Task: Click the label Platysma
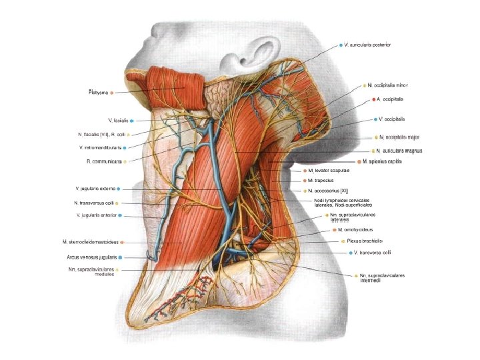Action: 98,92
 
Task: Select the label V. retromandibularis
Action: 100,147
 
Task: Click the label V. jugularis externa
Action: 95,189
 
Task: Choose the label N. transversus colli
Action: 94,203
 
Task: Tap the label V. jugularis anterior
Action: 98,215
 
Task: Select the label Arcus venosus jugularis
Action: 91,257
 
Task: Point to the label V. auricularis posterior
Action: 367,45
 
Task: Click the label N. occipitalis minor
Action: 387,85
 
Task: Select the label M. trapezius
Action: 320,181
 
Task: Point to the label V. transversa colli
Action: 373,253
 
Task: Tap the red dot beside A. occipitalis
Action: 371,99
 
